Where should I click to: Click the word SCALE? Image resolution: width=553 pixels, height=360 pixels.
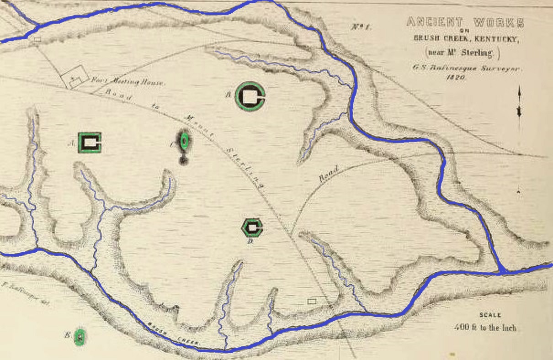pyautogui.click(x=490, y=315)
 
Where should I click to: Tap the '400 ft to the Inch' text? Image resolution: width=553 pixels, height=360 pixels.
pyautogui.click(x=485, y=328)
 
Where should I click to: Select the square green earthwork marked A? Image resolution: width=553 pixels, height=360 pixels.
pyautogui.click(x=90, y=143)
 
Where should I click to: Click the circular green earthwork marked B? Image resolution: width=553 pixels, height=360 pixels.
pyautogui.click(x=250, y=96)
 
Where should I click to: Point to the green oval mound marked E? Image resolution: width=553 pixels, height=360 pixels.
pyautogui.click(x=80, y=337)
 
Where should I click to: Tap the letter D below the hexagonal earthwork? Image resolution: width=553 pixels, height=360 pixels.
pyautogui.click(x=250, y=242)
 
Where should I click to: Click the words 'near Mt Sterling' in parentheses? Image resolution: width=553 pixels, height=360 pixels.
pyautogui.click(x=463, y=53)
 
